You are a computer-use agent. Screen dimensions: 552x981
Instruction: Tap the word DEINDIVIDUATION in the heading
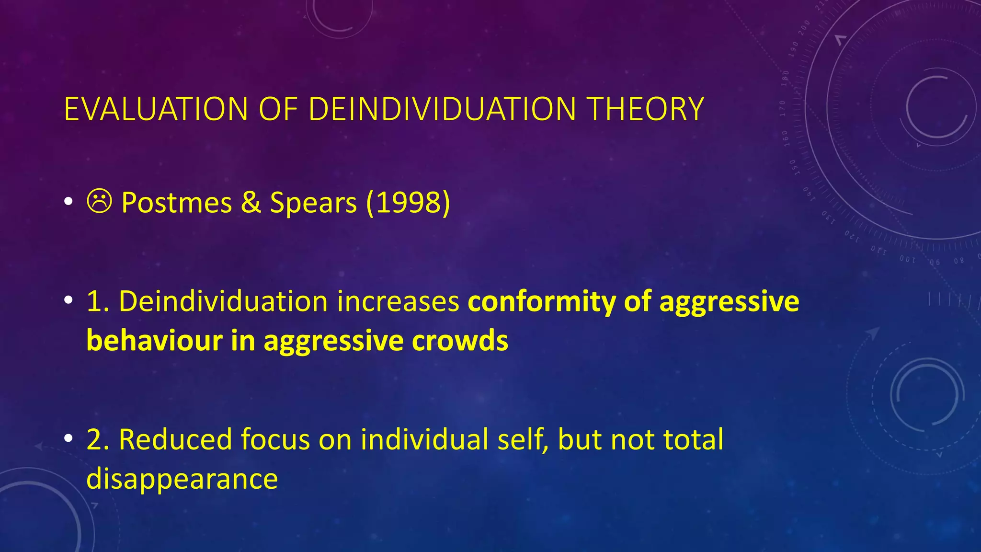442,109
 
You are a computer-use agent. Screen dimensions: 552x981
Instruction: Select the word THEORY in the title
645,109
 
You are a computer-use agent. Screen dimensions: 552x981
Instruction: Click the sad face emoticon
100,201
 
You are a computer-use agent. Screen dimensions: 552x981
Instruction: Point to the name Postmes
177,203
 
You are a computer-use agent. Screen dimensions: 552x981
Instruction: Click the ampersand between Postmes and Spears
251,203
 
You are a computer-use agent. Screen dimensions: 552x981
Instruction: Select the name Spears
313,204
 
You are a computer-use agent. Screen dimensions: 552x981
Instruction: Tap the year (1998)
408,203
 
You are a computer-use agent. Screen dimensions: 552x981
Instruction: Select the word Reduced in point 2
175,439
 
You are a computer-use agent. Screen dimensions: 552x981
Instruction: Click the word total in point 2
693,439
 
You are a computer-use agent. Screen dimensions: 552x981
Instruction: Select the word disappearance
182,479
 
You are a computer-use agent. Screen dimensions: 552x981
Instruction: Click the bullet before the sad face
68,202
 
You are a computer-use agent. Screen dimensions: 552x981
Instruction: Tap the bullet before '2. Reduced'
68,438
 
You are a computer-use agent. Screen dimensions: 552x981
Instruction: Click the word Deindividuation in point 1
223,302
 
